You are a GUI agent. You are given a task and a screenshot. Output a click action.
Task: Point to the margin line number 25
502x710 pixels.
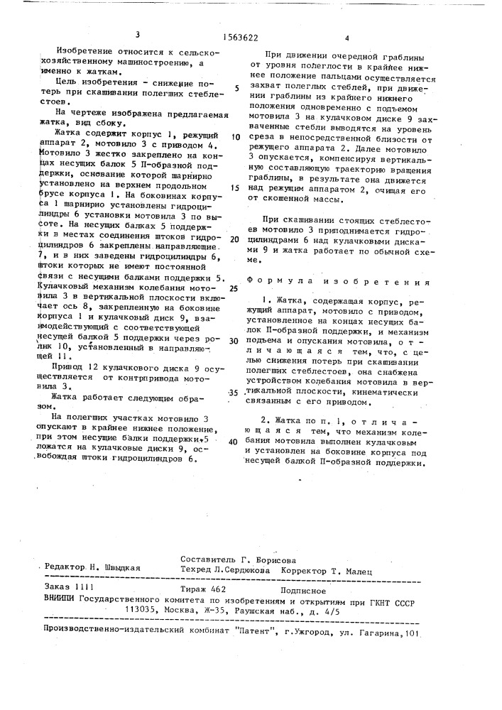point(234,288)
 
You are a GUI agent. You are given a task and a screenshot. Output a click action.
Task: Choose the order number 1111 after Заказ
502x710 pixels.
point(83,589)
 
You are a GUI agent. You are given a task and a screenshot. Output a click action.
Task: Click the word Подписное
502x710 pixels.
point(303,589)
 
